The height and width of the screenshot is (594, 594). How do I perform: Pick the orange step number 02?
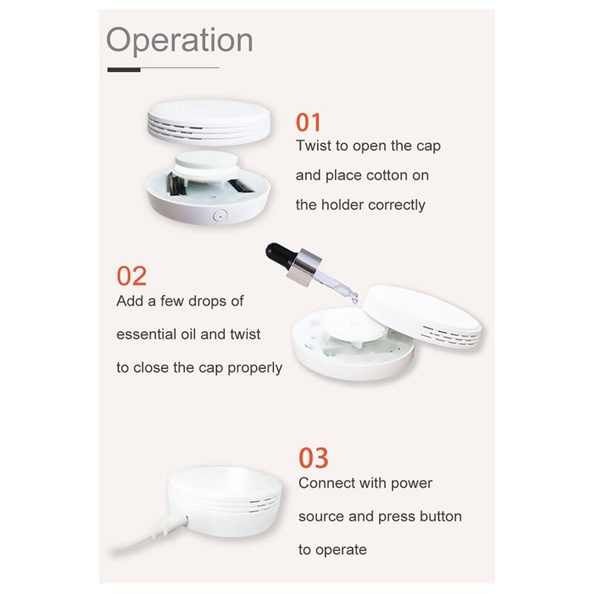(x=131, y=276)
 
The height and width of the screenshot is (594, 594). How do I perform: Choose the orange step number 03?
(x=313, y=458)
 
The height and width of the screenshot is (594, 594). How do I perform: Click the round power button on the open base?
(x=218, y=215)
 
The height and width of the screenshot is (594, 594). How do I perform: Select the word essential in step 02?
(x=146, y=334)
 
